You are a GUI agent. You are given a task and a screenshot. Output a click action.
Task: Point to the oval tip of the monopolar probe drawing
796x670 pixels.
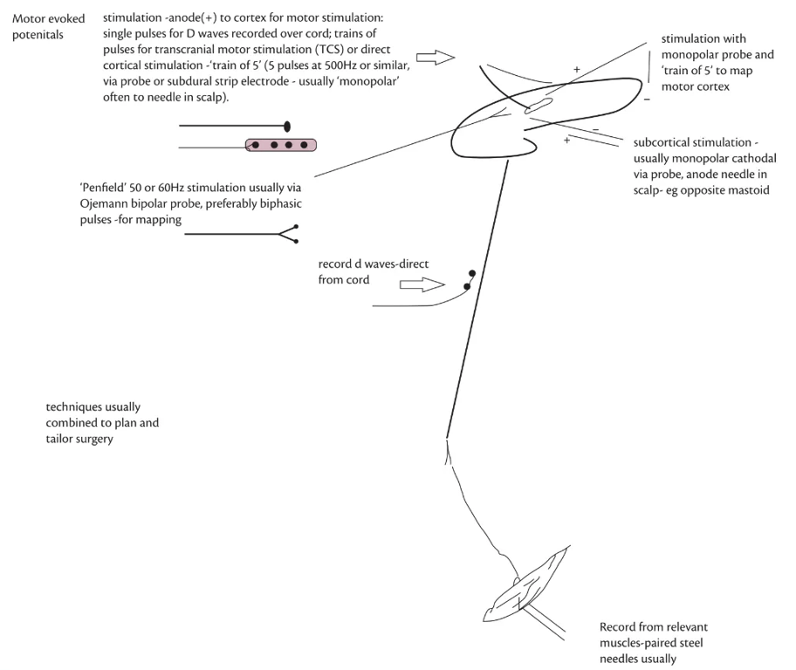(287, 126)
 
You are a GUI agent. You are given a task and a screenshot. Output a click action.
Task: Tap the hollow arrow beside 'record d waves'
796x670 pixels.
(421, 284)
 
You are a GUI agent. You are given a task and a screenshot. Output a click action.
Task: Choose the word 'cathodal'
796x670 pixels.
(749, 158)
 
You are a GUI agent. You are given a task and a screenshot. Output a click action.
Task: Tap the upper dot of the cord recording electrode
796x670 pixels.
(472, 273)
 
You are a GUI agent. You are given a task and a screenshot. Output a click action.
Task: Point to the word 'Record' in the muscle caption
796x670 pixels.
(618, 627)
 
